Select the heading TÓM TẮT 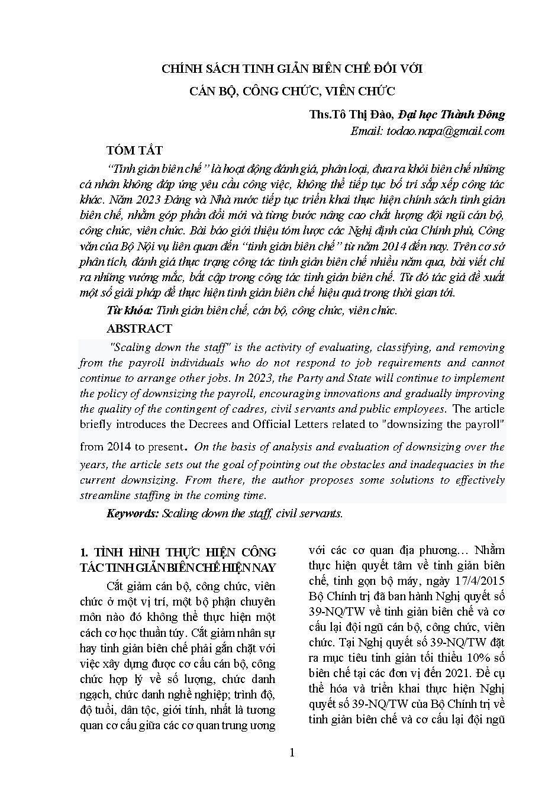click(134, 150)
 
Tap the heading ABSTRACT click(139, 329)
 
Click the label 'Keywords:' click(133, 513)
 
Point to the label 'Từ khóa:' click(130, 310)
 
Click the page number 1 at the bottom click(291, 752)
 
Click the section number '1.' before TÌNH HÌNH click(84, 552)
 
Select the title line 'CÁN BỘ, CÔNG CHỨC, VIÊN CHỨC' click(292, 91)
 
